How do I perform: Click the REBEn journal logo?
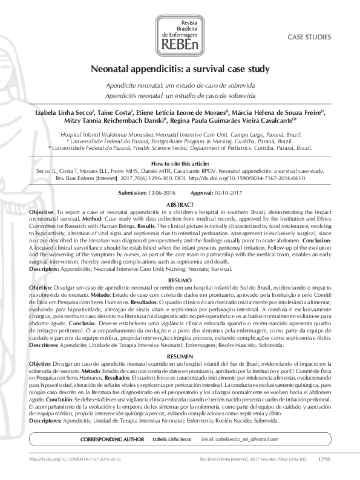[x=180, y=31]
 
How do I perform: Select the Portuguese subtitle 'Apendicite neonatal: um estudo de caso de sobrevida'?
[x=180, y=86]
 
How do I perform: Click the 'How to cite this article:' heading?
[x=180, y=164]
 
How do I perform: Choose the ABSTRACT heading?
[x=180, y=206]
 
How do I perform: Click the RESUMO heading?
[x=180, y=281]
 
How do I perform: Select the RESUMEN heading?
[x=180, y=356]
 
